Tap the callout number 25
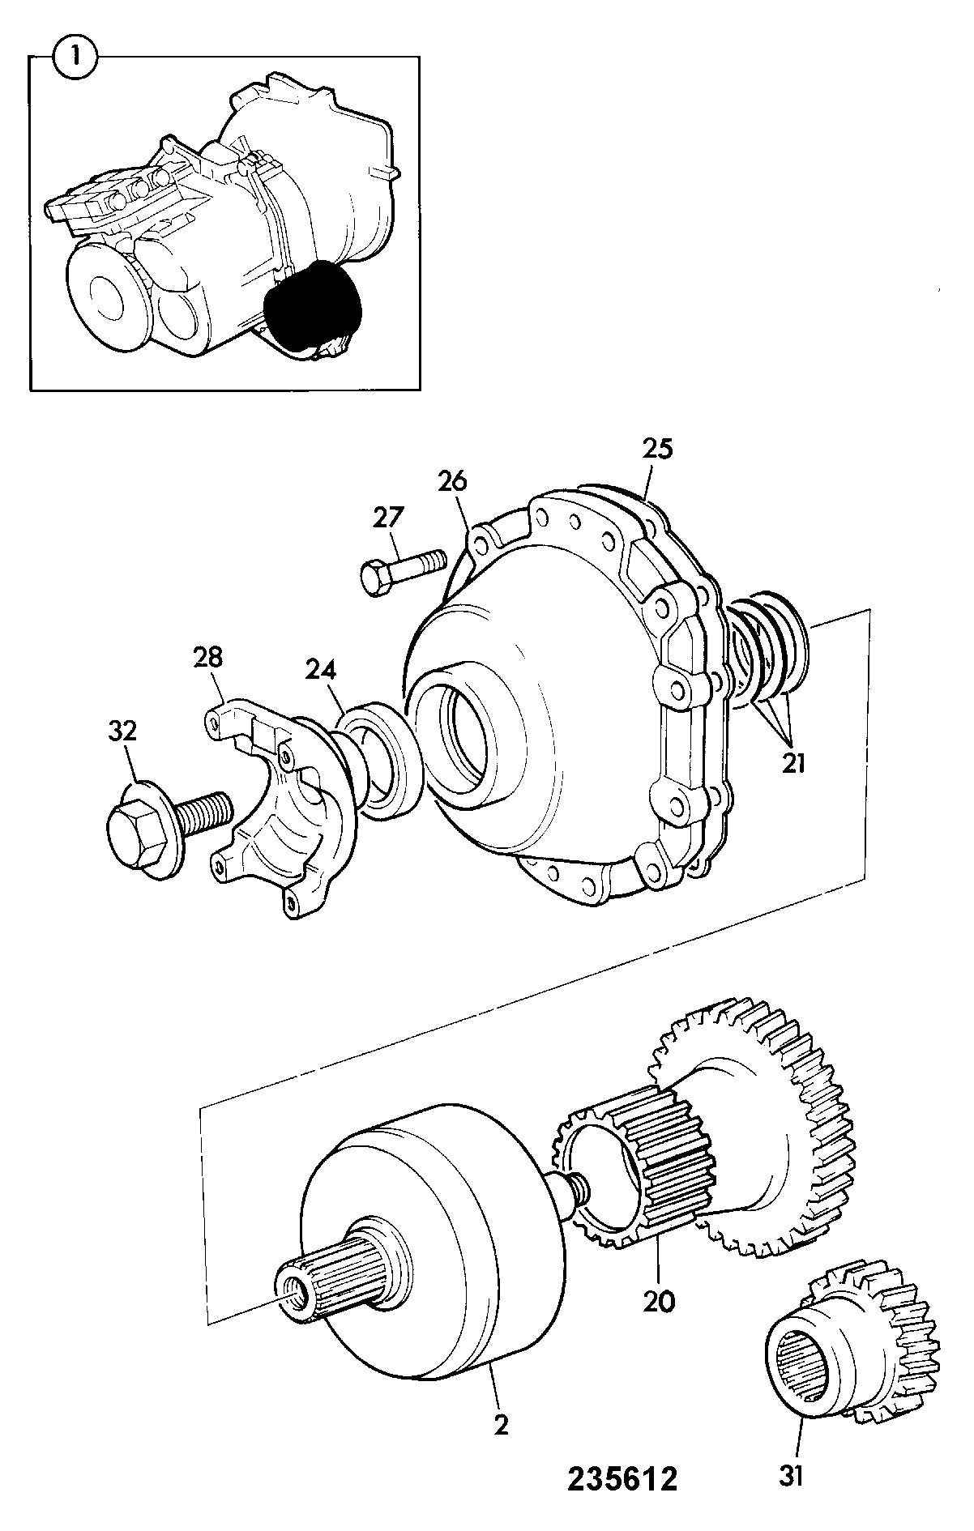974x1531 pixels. point(657,449)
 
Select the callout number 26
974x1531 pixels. point(453,481)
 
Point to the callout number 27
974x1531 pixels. point(388,517)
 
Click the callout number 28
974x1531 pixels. point(208,656)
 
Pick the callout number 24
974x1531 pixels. point(321,669)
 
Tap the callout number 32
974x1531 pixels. point(122,731)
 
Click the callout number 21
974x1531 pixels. point(793,761)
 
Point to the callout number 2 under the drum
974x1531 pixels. point(502,1425)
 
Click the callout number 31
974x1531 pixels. point(792,1477)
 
